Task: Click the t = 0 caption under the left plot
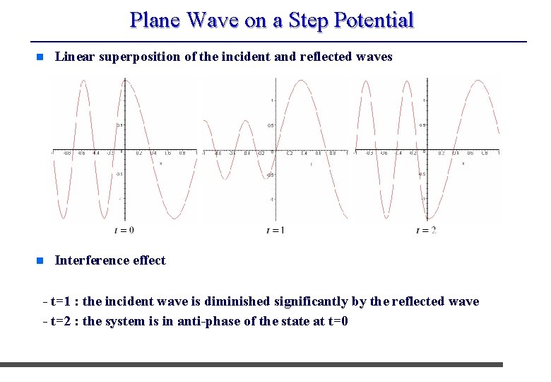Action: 124,230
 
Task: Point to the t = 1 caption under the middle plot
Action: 275,230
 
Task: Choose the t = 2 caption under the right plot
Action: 426,230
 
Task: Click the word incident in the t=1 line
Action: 133,302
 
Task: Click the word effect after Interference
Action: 149,260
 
